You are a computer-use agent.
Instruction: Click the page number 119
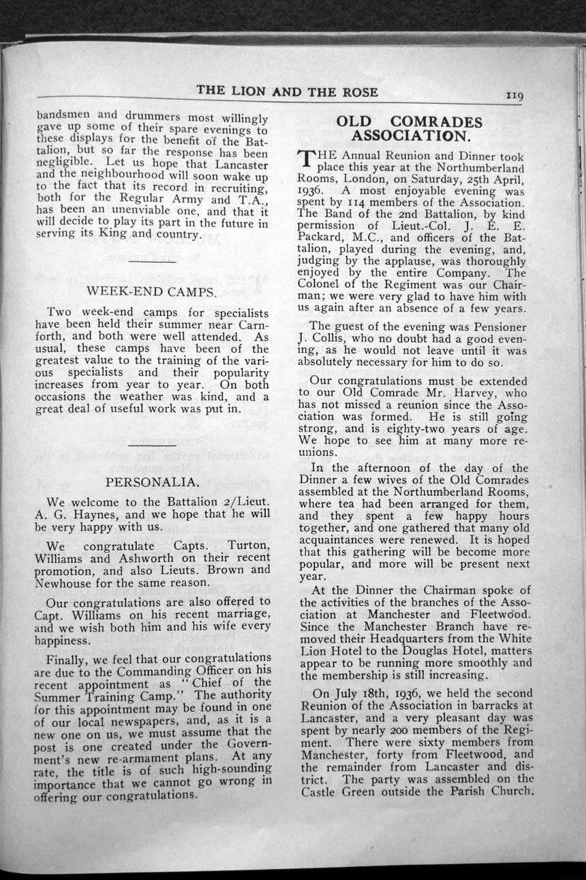click(x=514, y=96)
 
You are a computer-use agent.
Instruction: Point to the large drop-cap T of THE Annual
click(x=307, y=161)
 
